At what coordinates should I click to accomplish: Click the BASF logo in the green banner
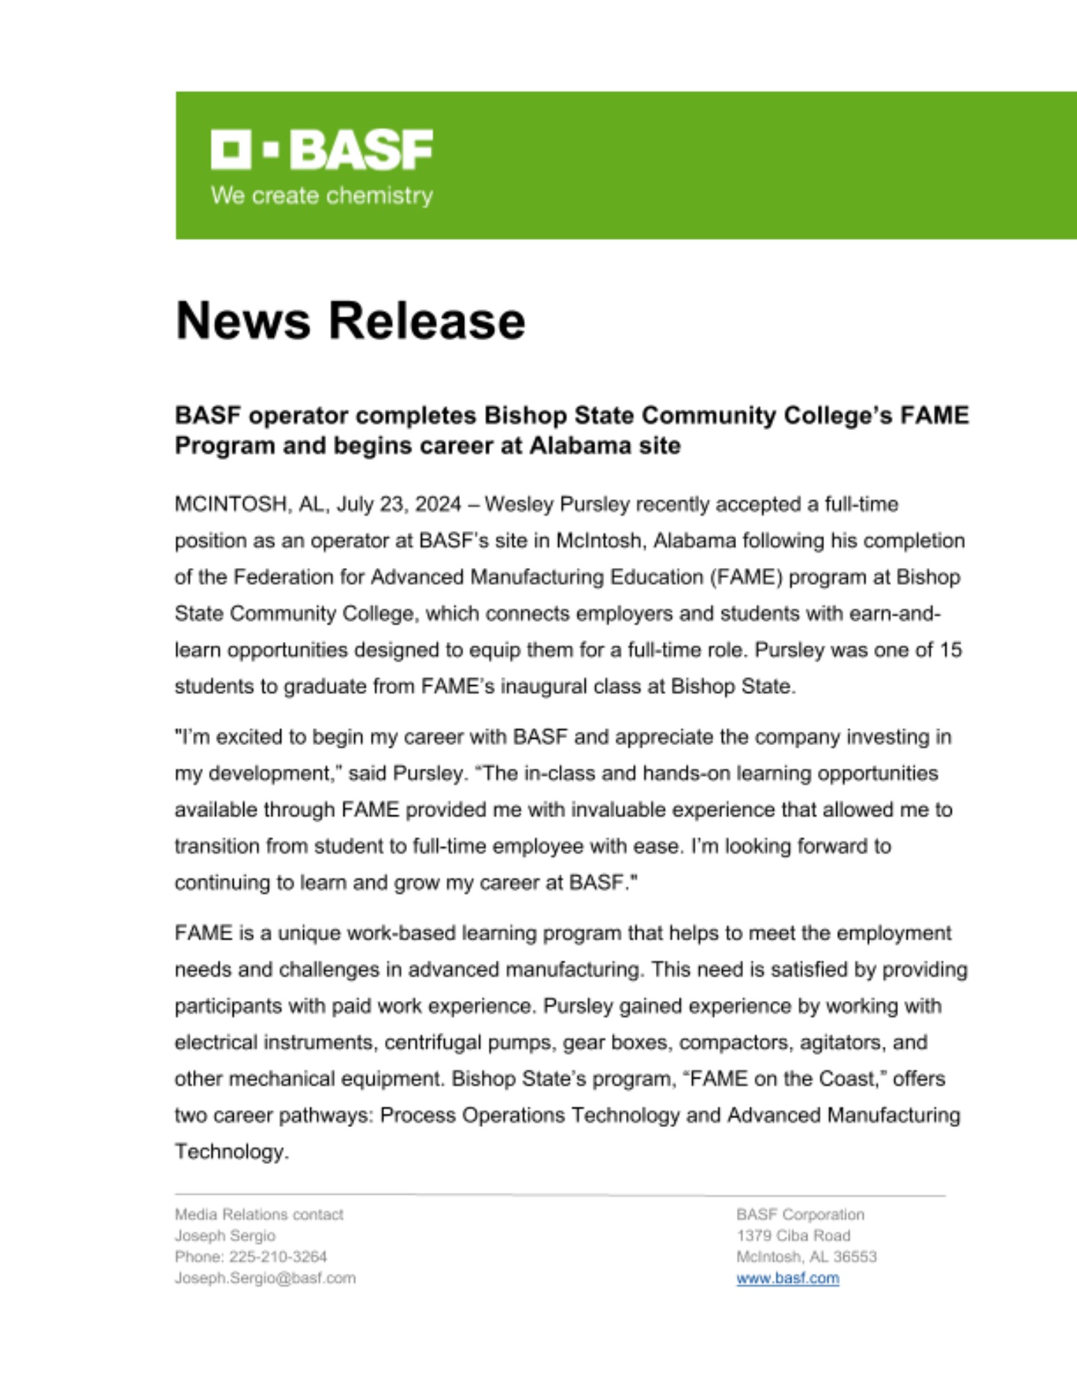point(321,149)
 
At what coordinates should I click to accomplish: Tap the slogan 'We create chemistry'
point(321,196)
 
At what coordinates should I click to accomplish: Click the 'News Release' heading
point(350,321)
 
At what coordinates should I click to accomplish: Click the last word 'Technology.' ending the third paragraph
point(231,1151)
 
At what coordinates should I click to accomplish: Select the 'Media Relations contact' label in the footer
point(259,1215)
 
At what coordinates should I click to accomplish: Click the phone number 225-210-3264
point(277,1257)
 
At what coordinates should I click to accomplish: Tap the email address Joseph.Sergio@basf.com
point(265,1278)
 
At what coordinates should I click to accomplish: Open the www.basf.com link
point(787,1278)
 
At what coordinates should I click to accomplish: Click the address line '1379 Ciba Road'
point(793,1236)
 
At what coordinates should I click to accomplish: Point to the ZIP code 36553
point(855,1257)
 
